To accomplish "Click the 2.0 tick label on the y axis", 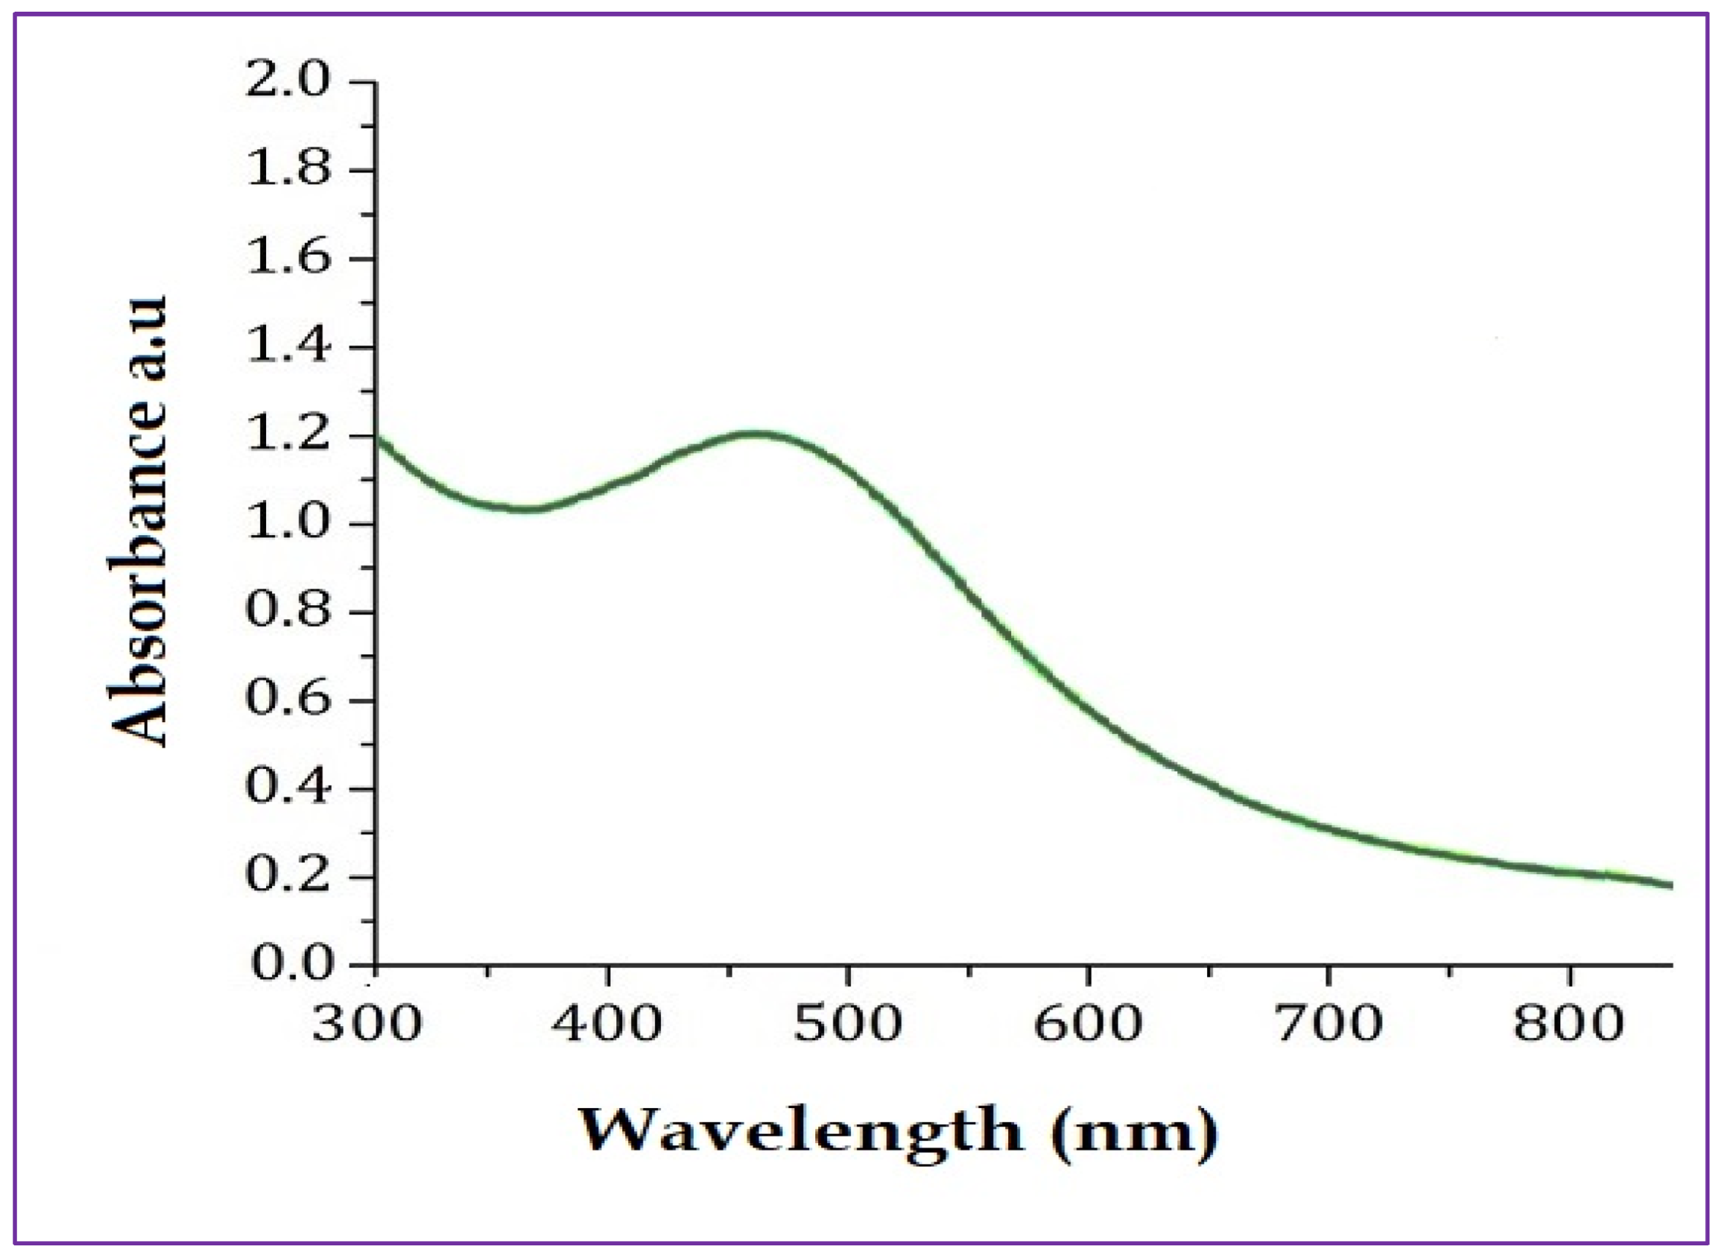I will pos(288,80).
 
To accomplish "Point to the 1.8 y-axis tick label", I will pos(288,169).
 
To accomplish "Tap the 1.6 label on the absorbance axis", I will pos(288,258).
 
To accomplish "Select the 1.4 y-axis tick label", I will pos(288,346).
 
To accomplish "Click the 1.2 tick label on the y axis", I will pos(288,436).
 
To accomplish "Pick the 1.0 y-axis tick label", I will pos(288,524).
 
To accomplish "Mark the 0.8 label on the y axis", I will pos(288,612).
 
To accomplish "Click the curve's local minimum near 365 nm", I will pos(525,509).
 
